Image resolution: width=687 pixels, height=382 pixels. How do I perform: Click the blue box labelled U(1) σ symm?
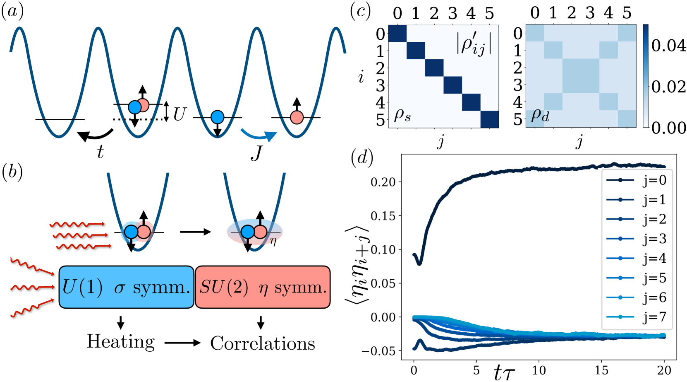point(126,287)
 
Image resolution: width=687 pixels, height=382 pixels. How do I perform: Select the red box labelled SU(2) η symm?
point(263,287)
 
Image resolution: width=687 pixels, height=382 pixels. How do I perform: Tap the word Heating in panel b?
point(120,342)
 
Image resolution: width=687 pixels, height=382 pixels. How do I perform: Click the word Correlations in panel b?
point(263,343)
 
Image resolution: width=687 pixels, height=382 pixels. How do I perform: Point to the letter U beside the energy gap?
point(179,114)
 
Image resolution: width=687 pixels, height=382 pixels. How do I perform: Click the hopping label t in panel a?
point(100,152)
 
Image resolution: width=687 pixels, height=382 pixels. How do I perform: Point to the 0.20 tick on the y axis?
point(383,182)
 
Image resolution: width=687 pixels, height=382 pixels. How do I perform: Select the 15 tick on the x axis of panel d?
point(601,370)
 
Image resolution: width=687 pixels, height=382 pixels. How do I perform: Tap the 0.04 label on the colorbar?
point(668,46)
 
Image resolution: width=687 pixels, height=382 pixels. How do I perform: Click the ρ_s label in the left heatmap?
point(402,115)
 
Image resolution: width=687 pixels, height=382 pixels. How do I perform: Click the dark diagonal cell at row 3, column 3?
point(452,85)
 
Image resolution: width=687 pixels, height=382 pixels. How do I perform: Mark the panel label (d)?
point(362,158)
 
